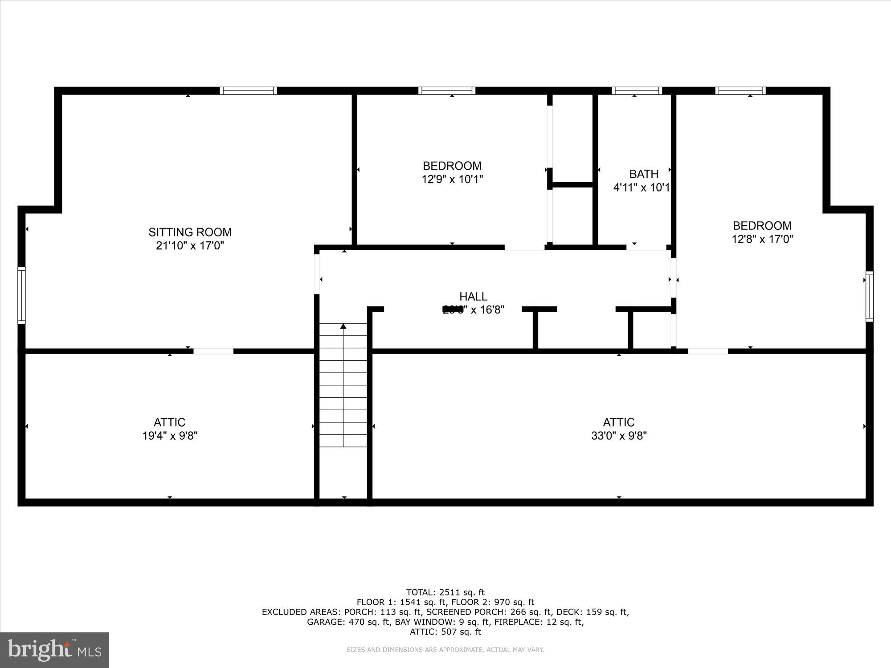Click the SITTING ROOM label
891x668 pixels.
coord(190,232)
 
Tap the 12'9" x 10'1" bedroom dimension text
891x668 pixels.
coord(452,179)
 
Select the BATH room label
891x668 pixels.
coord(643,174)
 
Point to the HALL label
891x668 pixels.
coord(473,297)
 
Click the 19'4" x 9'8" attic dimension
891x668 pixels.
coord(170,436)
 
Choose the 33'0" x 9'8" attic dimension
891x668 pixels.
coord(619,436)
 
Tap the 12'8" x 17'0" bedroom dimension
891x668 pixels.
coord(762,239)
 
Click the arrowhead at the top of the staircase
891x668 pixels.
coord(343,326)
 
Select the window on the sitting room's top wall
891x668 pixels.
coord(248,91)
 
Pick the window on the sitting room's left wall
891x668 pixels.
coord(21,295)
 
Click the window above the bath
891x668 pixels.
coord(637,91)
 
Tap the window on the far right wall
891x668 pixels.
coord(869,296)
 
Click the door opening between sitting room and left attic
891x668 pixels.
coord(213,351)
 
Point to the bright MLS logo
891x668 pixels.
coord(54,650)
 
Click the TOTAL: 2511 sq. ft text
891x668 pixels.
coord(445,592)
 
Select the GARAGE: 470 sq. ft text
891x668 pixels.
coord(349,622)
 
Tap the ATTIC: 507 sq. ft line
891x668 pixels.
coord(445,631)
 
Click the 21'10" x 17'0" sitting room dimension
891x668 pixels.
coord(190,245)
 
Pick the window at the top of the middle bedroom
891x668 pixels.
coord(446,91)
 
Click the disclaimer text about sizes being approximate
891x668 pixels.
coord(445,650)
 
